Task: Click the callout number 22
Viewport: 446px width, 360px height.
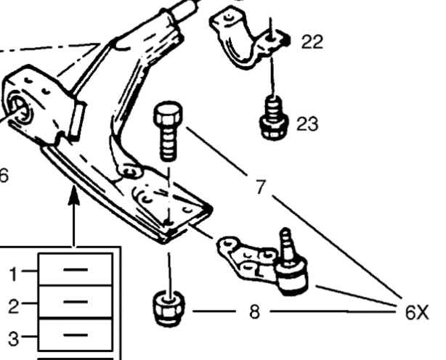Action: [x=312, y=42]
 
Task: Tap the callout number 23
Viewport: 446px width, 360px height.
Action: [x=307, y=124]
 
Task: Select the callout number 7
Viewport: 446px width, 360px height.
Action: [x=259, y=187]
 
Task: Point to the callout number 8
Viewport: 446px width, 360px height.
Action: [x=254, y=313]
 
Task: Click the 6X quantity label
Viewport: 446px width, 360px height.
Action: [x=418, y=313]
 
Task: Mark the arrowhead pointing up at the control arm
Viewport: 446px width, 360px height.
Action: [x=74, y=195]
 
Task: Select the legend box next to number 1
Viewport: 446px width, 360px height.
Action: [x=76, y=269]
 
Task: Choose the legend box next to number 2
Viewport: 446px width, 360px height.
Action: [x=76, y=302]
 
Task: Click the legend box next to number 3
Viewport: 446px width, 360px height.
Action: [x=76, y=335]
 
